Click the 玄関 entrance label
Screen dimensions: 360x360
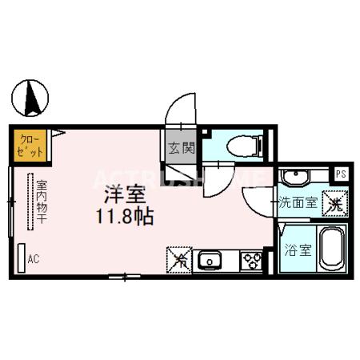point(181,147)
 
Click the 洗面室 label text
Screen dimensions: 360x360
point(298,203)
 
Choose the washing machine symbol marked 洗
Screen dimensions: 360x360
point(333,203)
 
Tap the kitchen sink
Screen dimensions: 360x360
point(210,260)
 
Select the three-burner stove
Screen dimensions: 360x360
point(251,260)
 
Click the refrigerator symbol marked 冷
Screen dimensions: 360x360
point(180,259)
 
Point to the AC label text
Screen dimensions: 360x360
point(34,258)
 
